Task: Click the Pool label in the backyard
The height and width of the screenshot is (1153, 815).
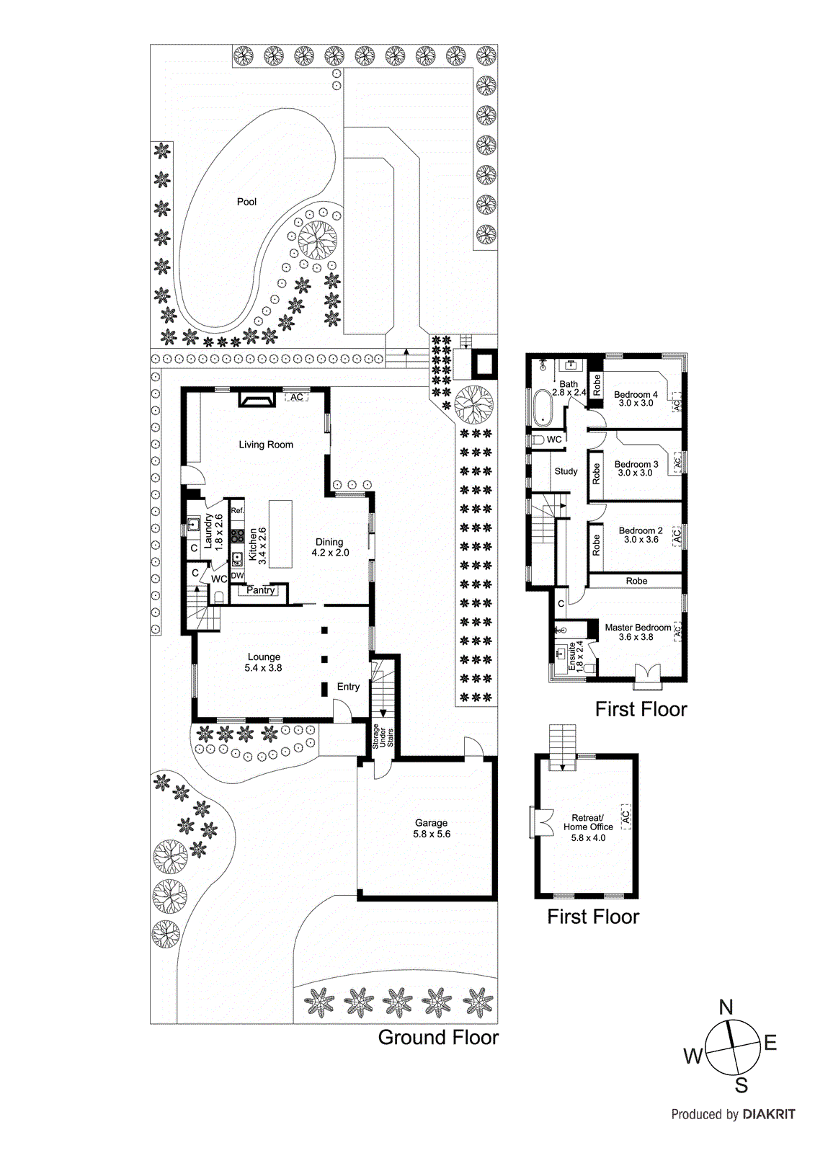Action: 246,202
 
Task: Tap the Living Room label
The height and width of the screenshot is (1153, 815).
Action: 266,445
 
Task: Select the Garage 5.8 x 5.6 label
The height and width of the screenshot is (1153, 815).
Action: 431,828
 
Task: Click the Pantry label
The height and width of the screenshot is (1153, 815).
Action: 260,590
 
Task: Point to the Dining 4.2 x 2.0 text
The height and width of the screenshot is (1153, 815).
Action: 330,547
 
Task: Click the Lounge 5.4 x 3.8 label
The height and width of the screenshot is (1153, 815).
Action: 264,662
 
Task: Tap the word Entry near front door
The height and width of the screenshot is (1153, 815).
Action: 348,687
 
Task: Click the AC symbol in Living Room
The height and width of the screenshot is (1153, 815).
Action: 296,397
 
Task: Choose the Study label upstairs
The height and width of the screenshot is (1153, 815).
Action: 566,471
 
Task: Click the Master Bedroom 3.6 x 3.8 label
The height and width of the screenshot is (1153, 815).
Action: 637,632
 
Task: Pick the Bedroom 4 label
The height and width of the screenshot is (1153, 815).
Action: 636,399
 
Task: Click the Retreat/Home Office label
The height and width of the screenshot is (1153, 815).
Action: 588,827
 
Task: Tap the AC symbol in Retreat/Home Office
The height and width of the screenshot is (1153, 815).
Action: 625,816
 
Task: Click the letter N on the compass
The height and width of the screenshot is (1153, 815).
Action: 726,1007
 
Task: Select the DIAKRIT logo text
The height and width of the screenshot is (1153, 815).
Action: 769,1114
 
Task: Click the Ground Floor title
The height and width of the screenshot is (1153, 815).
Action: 438,1038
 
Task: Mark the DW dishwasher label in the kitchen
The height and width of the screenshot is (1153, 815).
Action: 237,576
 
